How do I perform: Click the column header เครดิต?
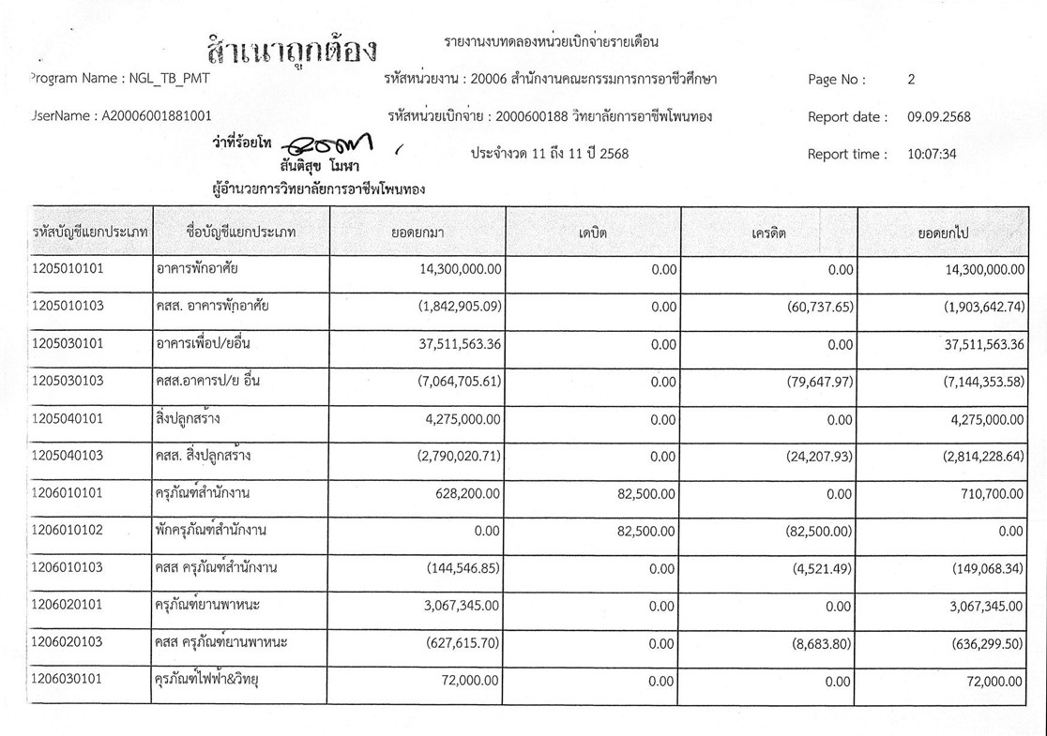point(768,232)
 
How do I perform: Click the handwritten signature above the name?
point(330,145)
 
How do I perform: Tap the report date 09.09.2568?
point(938,117)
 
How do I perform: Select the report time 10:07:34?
point(932,155)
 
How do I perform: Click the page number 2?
point(911,80)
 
